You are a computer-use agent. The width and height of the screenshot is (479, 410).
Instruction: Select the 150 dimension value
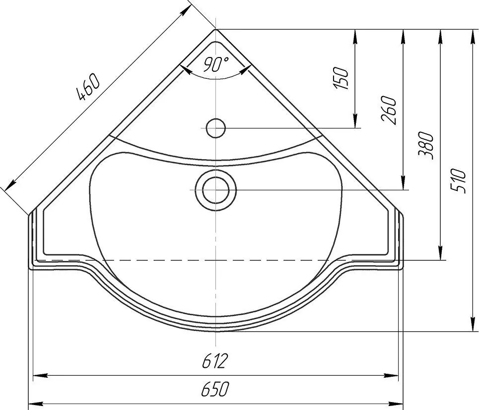pyautogui.click(x=341, y=78)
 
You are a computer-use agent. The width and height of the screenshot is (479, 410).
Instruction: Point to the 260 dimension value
pyautogui.click(x=389, y=110)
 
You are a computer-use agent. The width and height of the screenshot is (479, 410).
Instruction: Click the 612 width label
pyautogui.click(x=215, y=361)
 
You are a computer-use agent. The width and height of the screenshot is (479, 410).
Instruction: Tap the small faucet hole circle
pyautogui.click(x=215, y=128)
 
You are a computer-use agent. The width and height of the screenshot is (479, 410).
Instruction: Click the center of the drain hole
pyautogui.click(x=215, y=190)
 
